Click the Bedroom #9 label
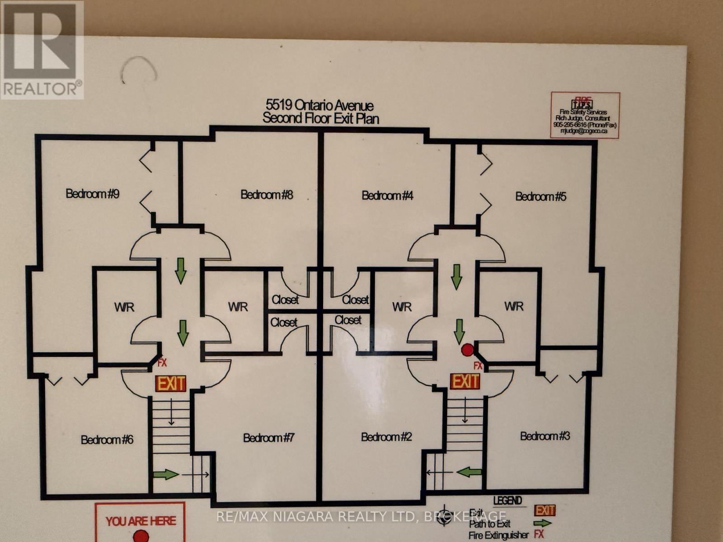point(93,194)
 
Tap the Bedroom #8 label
point(267,195)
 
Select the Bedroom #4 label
point(387,196)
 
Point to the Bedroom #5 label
point(540,196)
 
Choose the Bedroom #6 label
point(107,439)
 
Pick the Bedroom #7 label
point(269,438)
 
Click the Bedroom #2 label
point(386,437)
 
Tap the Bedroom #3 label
point(545,436)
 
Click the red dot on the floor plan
point(467,350)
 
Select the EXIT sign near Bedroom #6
point(171,383)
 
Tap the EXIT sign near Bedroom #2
point(465,381)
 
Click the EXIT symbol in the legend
point(545,510)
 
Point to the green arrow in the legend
point(543,523)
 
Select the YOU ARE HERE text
point(141,521)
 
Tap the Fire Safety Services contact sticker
point(585,115)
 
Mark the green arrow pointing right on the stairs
point(165,474)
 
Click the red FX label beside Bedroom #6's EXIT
point(162,362)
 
